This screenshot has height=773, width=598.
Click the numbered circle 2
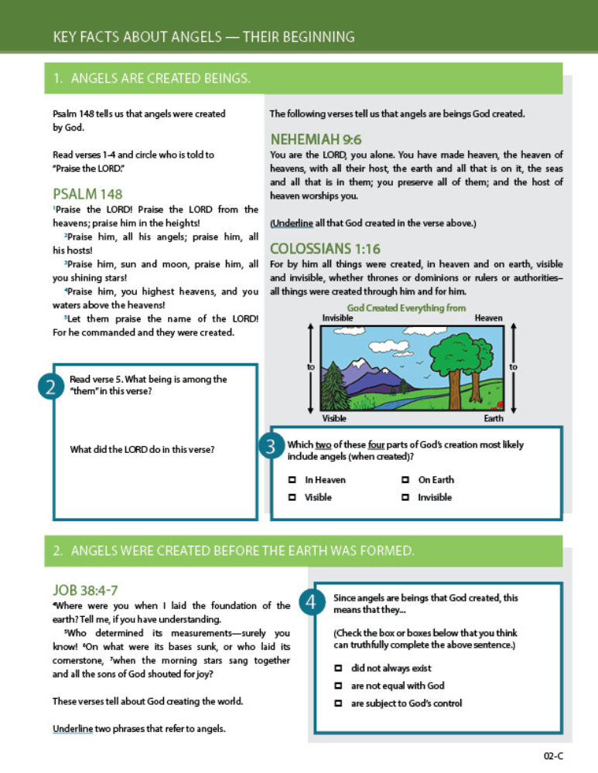(50, 386)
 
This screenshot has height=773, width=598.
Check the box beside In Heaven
(292, 480)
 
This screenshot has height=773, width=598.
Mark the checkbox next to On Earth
(405, 480)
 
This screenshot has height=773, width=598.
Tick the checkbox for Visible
(292, 498)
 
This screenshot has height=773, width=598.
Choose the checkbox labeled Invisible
(405, 498)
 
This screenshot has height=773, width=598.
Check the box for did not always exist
(338, 668)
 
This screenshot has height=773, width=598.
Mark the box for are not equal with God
(338, 686)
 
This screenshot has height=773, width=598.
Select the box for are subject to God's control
(338, 703)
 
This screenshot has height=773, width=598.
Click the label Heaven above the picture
(488, 318)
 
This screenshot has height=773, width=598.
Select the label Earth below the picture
(493, 419)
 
